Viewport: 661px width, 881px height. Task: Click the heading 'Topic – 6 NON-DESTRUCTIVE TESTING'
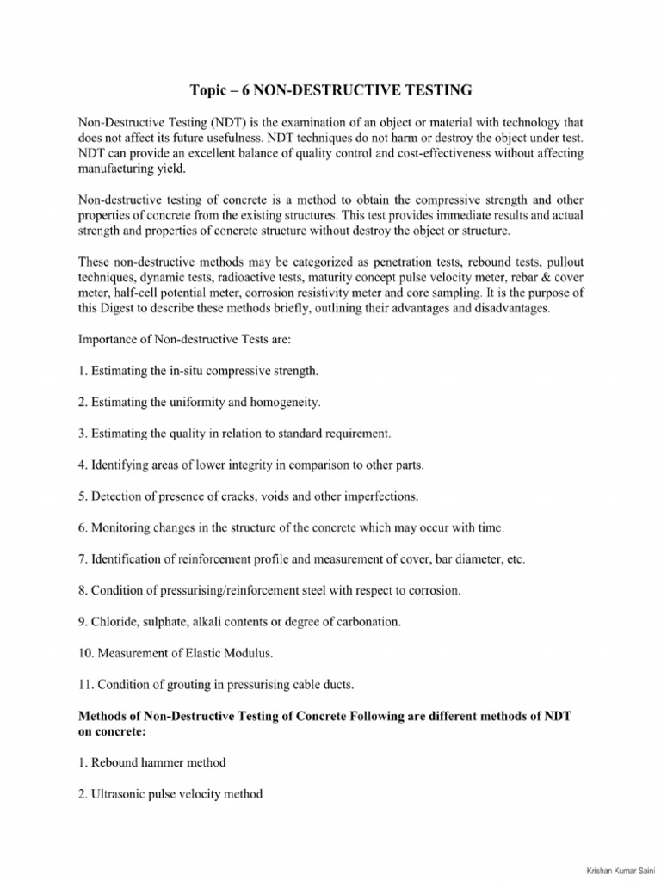click(x=330, y=89)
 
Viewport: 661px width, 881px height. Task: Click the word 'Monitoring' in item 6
click(x=122, y=527)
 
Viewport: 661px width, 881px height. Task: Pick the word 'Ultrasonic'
click(x=122, y=793)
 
